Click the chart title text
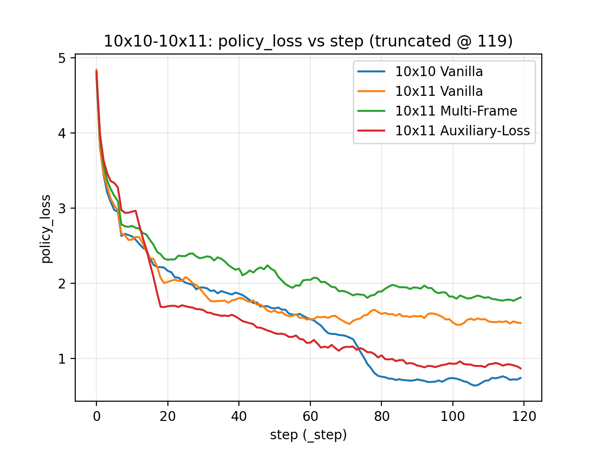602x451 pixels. pos(308,41)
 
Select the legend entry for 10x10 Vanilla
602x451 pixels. pos(439,72)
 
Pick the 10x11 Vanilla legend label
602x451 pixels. pos(439,92)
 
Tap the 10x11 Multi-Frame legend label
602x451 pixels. pos(456,111)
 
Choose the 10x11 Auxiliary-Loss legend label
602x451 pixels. pos(462,131)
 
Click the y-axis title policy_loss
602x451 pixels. pos(46,229)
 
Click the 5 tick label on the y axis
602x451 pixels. pos(62,58)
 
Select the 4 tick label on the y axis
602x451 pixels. pos(62,133)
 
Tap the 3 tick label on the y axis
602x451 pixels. pos(62,209)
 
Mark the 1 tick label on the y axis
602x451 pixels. pos(62,358)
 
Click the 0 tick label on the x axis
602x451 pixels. pos(96,417)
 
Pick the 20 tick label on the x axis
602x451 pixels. pos(167,417)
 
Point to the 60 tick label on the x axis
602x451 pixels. pos(310,417)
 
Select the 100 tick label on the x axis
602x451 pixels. pos(452,417)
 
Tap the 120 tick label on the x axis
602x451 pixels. pos(524,417)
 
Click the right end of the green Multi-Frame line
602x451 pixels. pos(521,297)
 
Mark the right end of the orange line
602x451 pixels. pos(521,323)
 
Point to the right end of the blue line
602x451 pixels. pos(521,378)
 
